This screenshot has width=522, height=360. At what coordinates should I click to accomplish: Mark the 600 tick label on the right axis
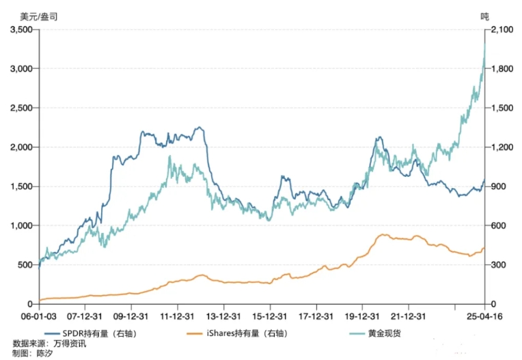(x=498, y=226)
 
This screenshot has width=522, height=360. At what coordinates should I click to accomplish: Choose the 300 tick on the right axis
(x=498, y=265)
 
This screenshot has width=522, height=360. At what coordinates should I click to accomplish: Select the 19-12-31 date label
(x=361, y=316)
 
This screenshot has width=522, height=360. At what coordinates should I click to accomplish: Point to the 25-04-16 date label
(x=484, y=316)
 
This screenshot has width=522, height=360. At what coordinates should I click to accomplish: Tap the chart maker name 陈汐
(x=44, y=353)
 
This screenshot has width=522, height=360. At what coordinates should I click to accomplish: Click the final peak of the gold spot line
(x=484, y=43)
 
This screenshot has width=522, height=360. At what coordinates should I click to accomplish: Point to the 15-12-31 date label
(x=269, y=316)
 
